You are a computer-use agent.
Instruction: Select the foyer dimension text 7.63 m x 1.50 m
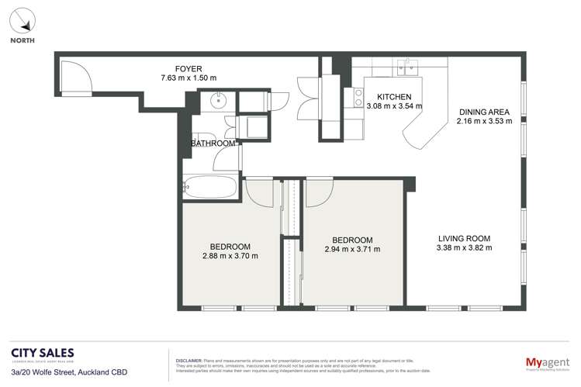tap(188, 78)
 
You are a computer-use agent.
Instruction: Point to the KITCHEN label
tap(394, 97)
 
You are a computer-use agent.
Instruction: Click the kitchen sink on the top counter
tap(407, 65)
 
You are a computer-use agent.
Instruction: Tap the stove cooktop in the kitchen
tap(358, 97)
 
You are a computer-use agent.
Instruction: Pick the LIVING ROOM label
tap(464, 238)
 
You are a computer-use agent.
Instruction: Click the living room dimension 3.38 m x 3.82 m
tap(464, 248)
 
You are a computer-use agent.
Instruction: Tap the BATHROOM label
tap(213, 143)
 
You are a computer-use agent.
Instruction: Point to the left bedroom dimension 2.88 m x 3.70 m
tap(230, 255)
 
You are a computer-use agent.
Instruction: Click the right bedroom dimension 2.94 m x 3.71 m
tap(352, 249)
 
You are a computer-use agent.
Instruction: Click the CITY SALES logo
tap(43, 354)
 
